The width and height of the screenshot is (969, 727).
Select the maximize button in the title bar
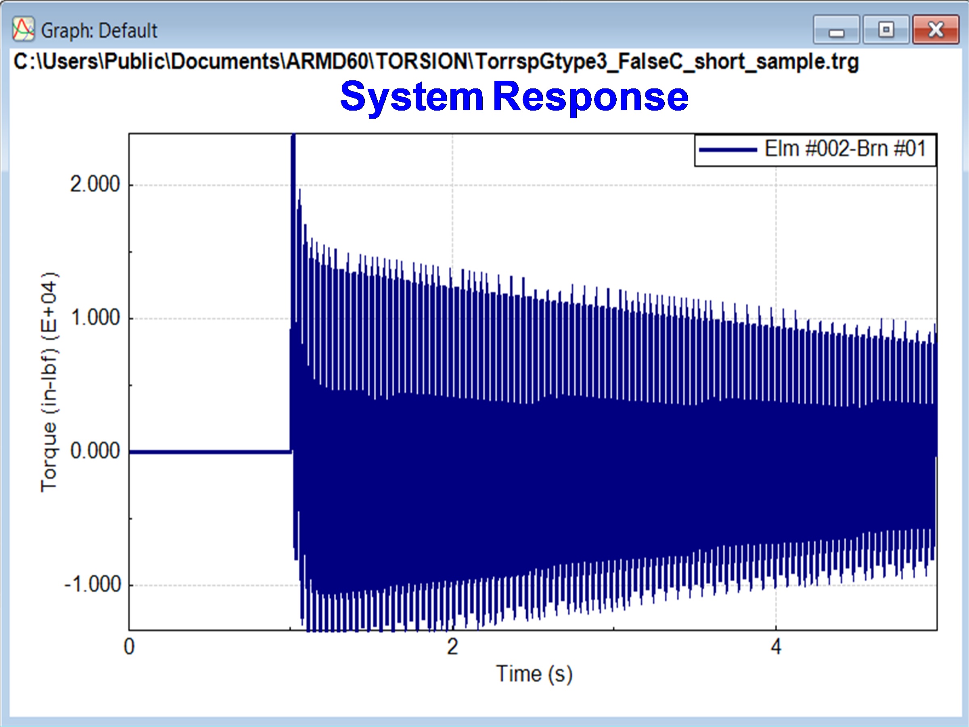pyautogui.click(x=886, y=30)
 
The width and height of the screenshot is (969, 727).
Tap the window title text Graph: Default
pyautogui.click(x=99, y=31)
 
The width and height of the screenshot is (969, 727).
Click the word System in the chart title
pyautogui.click(x=412, y=97)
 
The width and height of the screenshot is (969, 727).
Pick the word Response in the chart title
pyautogui.click(x=590, y=97)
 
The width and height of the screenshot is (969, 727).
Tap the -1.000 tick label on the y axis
pyautogui.click(x=92, y=585)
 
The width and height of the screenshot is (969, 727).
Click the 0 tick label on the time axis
pyautogui.click(x=129, y=647)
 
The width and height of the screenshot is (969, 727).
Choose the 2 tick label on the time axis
pyautogui.click(x=452, y=647)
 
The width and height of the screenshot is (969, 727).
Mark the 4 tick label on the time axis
pyautogui.click(x=776, y=647)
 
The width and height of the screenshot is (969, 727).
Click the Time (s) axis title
pyautogui.click(x=534, y=675)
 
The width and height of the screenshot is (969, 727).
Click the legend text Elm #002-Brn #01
pyautogui.click(x=846, y=149)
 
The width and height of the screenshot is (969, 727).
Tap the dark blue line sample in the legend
pyautogui.click(x=728, y=150)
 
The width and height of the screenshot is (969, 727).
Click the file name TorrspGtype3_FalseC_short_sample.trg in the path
pyautogui.click(x=667, y=62)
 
